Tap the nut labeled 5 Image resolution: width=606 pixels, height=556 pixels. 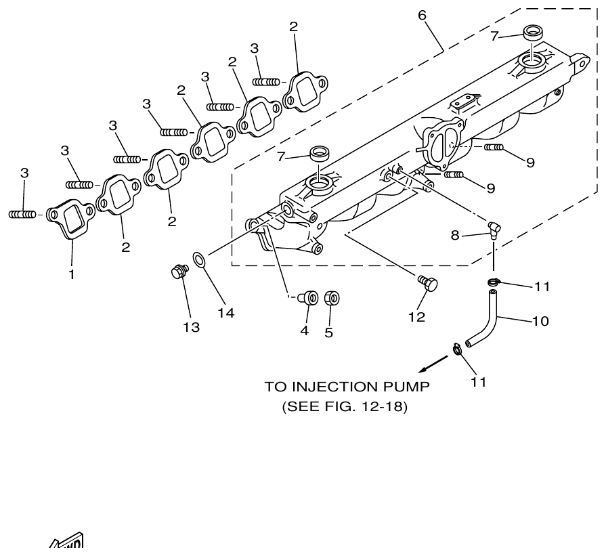point(331,298)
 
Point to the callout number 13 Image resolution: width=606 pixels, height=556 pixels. point(192,327)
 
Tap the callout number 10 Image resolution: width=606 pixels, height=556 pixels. point(540,320)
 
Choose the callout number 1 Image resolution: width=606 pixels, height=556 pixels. point(72,275)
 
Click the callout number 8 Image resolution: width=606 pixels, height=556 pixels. point(455,235)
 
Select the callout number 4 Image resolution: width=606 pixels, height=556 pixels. point(305,331)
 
